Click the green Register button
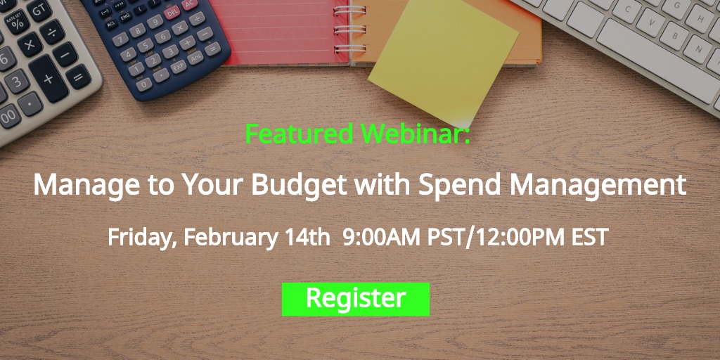tap(355, 299)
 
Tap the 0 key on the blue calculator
tap(144, 84)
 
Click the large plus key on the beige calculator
tap(49, 79)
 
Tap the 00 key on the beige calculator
tap(9, 117)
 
